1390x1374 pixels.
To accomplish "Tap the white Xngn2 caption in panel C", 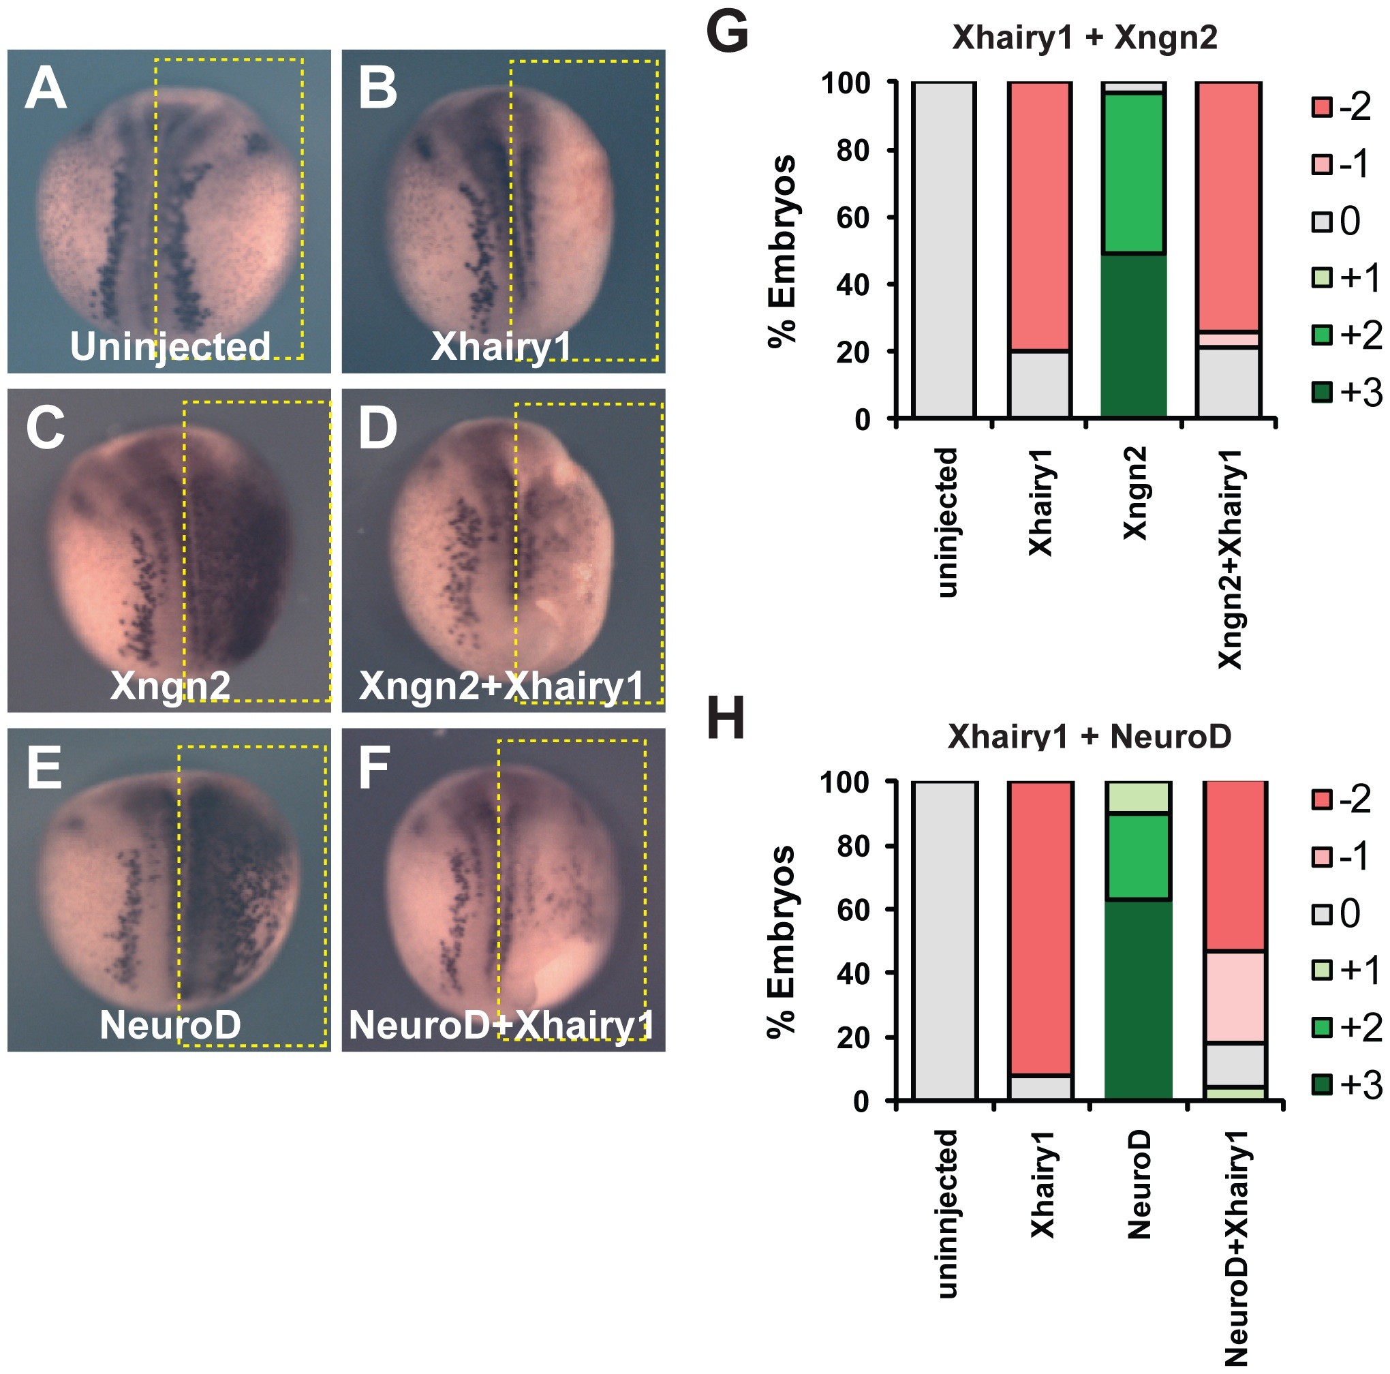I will point(170,685).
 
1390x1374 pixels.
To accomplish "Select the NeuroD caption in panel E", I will point(170,1024).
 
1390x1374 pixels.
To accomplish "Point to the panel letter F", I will point(374,768).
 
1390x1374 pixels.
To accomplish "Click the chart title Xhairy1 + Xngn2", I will point(1084,37).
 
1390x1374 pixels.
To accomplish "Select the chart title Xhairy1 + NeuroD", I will point(1090,735).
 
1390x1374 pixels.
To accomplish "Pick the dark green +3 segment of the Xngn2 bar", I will point(1134,335).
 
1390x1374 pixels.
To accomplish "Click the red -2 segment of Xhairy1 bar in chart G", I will point(1040,216).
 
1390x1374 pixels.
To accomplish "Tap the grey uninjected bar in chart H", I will point(944,940).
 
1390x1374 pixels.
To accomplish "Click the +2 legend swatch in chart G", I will point(1321,335).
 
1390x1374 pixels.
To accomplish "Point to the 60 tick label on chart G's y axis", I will point(853,217).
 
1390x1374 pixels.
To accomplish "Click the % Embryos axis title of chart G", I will point(782,251).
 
